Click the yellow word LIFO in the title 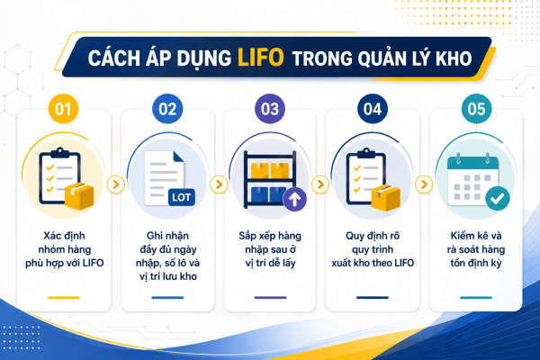[261, 58]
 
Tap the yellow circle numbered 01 [63, 109]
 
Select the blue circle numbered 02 [167, 109]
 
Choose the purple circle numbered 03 [270, 109]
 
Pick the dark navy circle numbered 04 [373, 109]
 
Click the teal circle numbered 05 [476, 109]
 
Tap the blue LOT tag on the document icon [182, 197]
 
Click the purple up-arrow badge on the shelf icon [295, 199]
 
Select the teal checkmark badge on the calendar [498, 198]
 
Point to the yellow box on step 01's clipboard [79, 196]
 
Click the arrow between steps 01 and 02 [116, 184]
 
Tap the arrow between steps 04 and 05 [424, 184]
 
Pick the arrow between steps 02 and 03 [219, 184]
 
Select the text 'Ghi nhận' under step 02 [167, 236]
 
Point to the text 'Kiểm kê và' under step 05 [476, 236]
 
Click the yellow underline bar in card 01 [64, 297]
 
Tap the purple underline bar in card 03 [270, 297]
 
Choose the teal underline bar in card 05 [476, 297]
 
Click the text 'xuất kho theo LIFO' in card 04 [373, 263]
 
